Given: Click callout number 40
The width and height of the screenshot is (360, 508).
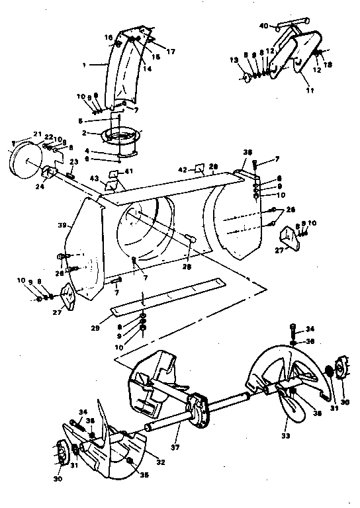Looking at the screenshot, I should point(263,26).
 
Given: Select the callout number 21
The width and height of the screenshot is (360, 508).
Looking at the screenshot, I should point(38,134).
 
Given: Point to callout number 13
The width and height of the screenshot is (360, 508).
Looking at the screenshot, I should point(233,60).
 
